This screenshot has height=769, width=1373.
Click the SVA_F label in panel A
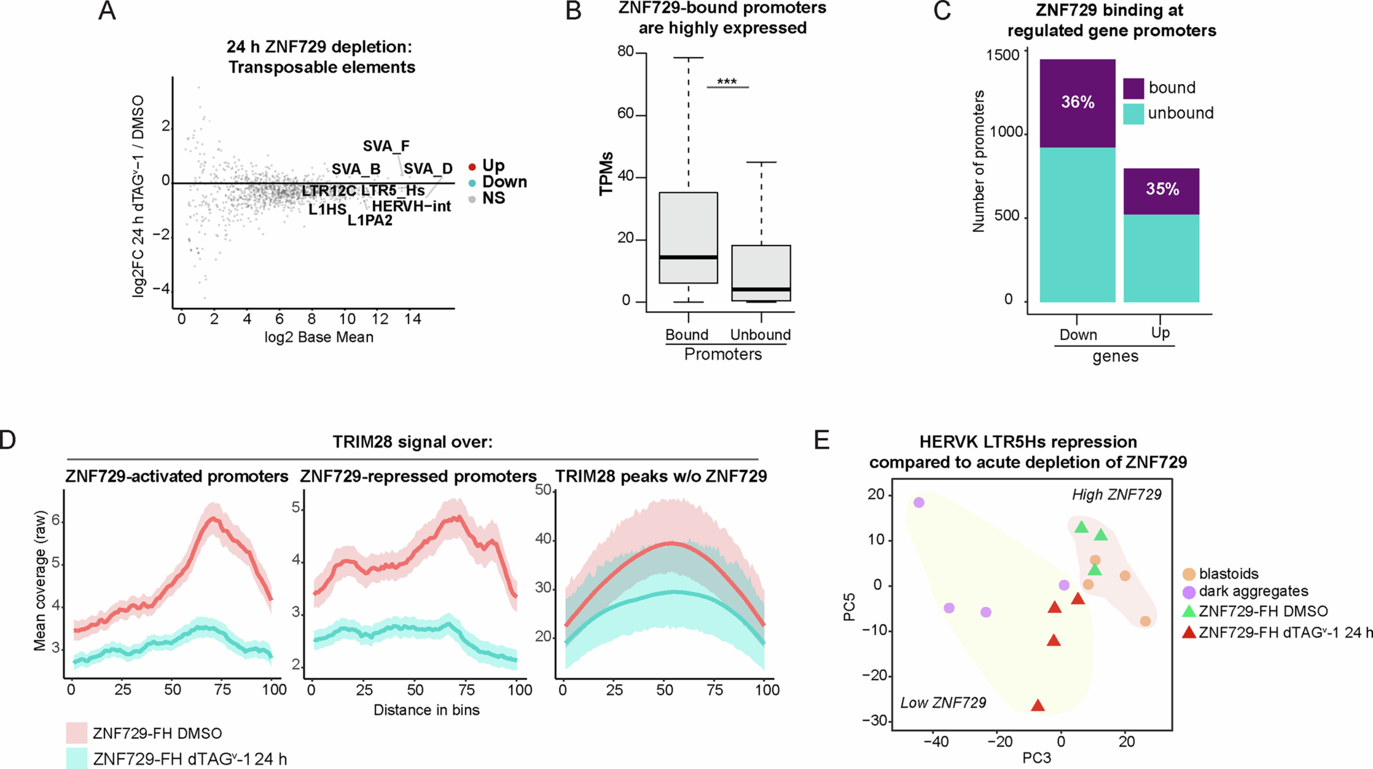(x=386, y=146)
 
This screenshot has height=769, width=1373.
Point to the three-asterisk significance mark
(x=727, y=81)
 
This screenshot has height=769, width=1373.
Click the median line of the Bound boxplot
(x=688, y=257)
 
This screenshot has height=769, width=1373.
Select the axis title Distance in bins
(x=426, y=710)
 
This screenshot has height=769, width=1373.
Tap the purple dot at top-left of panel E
(x=918, y=502)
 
